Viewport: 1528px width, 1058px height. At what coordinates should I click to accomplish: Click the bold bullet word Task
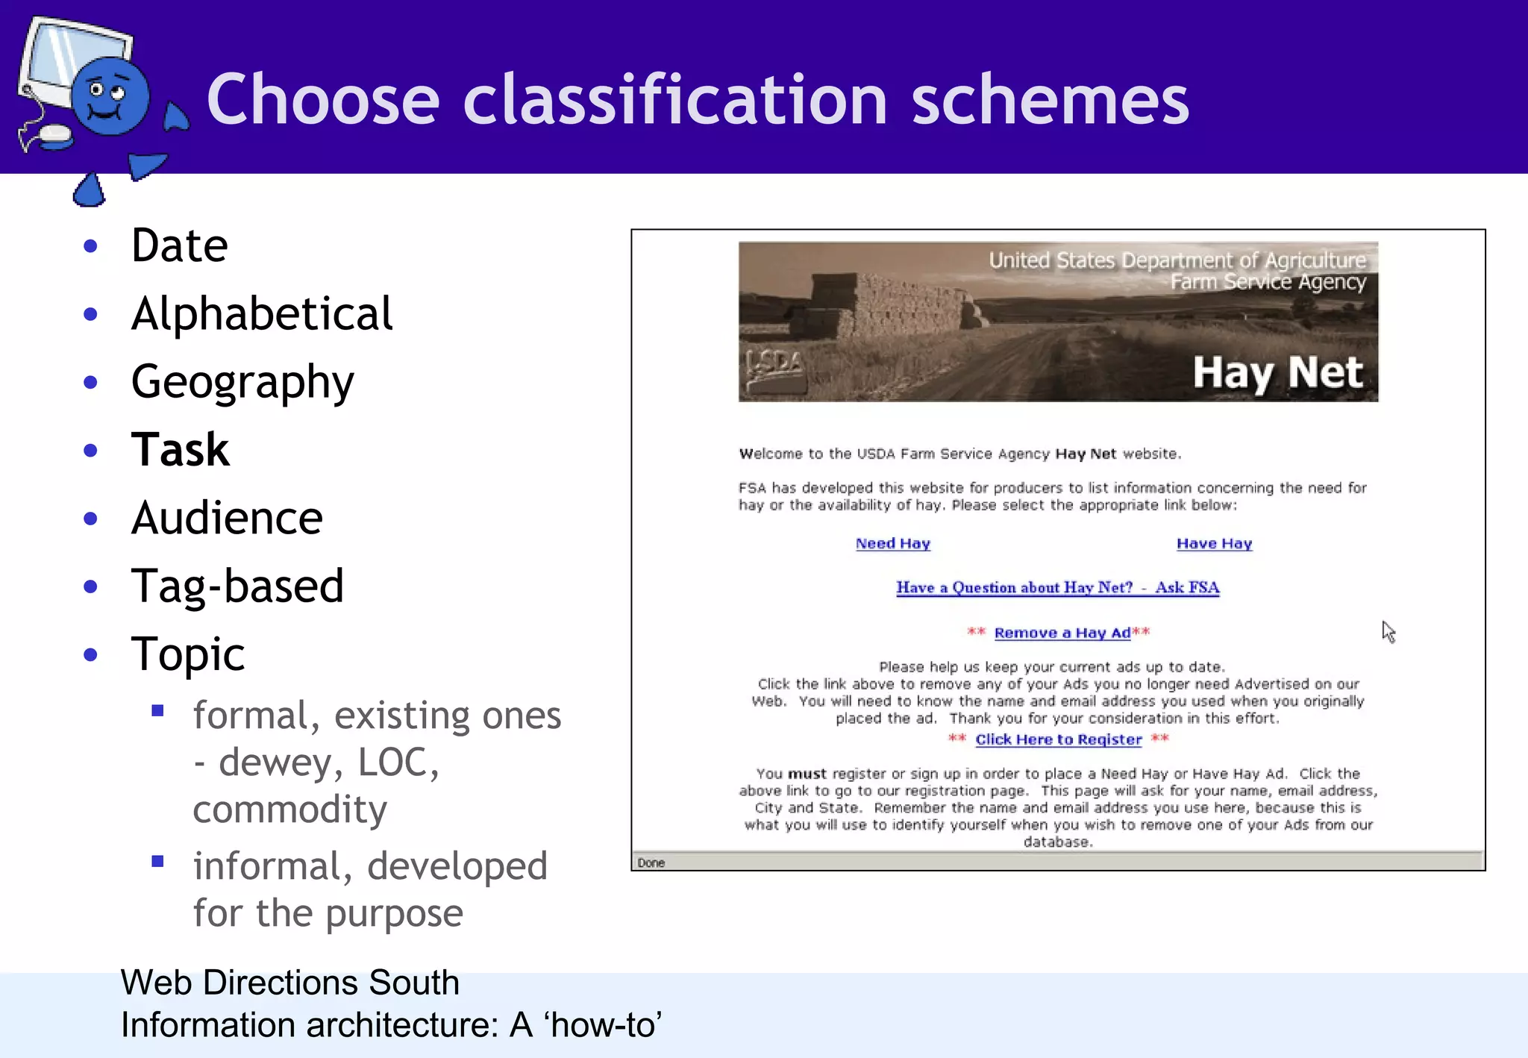point(180,450)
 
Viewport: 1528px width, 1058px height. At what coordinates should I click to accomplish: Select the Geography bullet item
point(242,382)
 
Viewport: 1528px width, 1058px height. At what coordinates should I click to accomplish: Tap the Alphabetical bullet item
point(261,313)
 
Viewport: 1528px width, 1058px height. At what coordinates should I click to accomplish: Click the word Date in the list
point(179,245)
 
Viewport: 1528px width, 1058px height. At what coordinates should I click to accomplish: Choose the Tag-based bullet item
point(237,586)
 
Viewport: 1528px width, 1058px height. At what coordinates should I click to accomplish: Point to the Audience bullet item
point(227,518)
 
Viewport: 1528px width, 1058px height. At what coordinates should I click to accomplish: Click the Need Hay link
point(892,544)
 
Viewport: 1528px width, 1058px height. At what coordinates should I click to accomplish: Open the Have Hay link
point(1214,544)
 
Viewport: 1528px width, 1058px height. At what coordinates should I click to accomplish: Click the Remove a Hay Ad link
point(1062,633)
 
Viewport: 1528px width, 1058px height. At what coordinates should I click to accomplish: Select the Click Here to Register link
point(1058,739)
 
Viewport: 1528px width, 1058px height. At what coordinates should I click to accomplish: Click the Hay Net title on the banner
point(1277,373)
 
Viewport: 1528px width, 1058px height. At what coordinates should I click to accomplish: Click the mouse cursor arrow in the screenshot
point(1387,631)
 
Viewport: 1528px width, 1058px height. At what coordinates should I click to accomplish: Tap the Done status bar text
point(651,863)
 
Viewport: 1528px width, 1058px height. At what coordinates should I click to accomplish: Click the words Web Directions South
point(289,983)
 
